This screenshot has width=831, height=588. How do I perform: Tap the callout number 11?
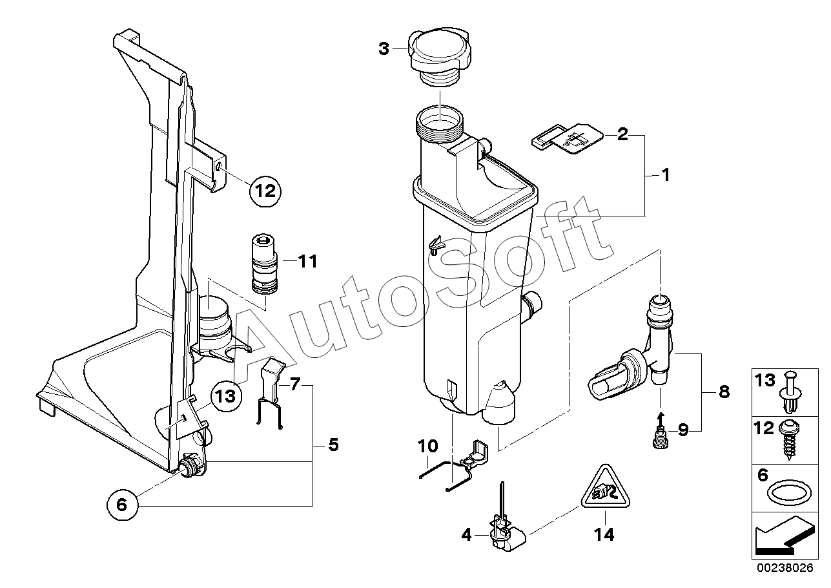(x=308, y=262)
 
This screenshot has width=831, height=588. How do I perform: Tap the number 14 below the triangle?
(x=606, y=534)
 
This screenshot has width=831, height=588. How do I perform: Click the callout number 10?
(x=428, y=446)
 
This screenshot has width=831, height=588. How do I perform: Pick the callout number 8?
(x=723, y=392)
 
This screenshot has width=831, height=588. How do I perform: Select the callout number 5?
(x=333, y=445)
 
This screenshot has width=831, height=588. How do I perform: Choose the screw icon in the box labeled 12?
(x=792, y=439)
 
